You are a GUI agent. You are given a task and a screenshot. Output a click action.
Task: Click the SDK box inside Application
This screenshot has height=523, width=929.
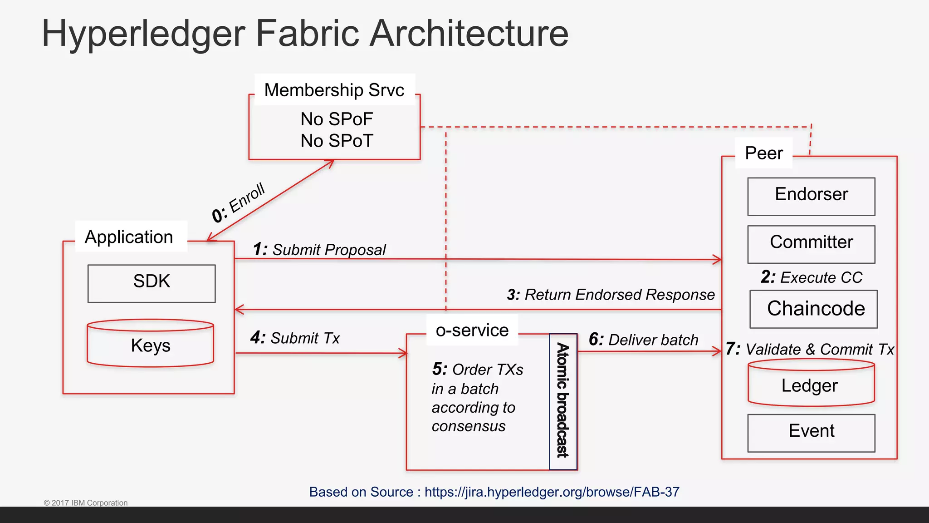click(x=152, y=283)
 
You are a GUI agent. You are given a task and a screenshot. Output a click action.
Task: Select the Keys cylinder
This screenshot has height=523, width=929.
click(x=150, y=345)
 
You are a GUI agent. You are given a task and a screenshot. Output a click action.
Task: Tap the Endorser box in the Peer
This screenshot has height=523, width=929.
click(x=811, y=196)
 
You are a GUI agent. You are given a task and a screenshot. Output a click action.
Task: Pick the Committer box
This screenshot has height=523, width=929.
click(x=811, y=244)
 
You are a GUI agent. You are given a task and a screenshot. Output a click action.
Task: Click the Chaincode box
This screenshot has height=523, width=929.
click(x=814, y=309)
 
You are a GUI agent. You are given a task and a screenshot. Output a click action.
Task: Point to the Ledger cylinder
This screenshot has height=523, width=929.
click(x=811, y=385)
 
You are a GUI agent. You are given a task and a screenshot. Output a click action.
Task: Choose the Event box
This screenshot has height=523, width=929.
click(x=811, y=432)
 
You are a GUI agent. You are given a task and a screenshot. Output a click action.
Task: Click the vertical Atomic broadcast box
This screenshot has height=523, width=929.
click(x=563, y=401)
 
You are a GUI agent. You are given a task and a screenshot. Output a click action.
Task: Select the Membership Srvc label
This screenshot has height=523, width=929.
click(x=334, y=90)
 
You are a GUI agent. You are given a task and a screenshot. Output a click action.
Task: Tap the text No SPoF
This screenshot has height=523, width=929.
click(x=337, y=119)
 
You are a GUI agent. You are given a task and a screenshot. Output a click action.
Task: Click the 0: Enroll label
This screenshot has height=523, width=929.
click(x=239, y=202)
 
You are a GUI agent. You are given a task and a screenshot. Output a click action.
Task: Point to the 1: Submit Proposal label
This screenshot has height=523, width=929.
click(x=319, y=250)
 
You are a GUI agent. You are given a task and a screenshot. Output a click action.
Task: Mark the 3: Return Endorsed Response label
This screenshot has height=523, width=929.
click(x=611, y=295)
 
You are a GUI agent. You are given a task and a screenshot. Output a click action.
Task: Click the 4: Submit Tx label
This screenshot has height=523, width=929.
click(x=295, y=338)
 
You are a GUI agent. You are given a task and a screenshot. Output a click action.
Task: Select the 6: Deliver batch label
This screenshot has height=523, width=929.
click(x=643, y=340)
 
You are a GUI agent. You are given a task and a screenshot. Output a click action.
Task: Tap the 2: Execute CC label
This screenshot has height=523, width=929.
click(x=811, y=277)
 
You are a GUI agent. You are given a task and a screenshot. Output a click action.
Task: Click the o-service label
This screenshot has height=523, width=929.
click(x=472, y=330)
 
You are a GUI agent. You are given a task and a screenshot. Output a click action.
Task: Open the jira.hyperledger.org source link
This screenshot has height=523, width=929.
click(x=552, y=492)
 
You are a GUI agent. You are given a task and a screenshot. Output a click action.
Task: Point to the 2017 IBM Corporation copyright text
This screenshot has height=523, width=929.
click(x=86, y=503)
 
